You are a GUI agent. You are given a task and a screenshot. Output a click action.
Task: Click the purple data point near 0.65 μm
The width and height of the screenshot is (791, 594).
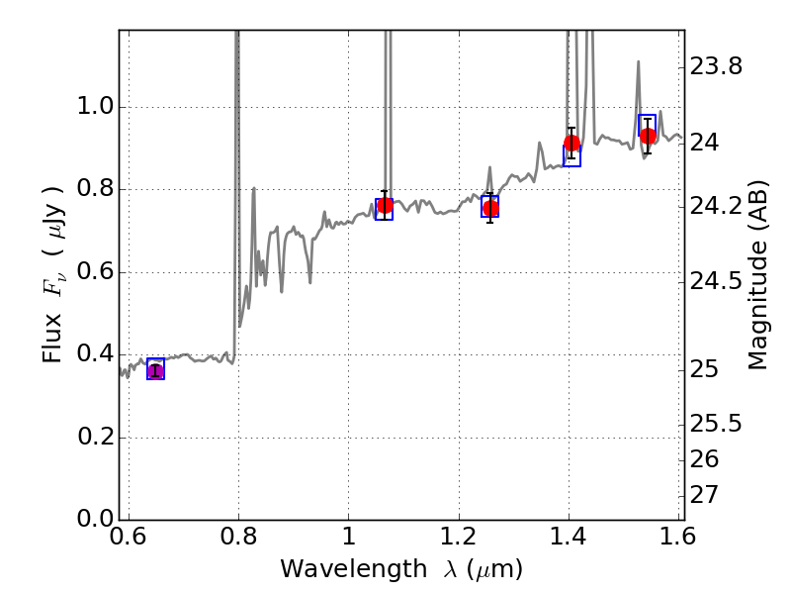pyautogui.click(x=155, y=371)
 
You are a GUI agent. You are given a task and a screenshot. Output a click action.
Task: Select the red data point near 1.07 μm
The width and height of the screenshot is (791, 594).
pyautogui.click(x=385, y=206)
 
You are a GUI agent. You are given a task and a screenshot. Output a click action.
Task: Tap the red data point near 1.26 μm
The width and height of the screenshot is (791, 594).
pyautogui.click(x=490, y=208)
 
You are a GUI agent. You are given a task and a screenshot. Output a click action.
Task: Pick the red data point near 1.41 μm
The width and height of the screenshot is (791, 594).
pyautogui.click(x=571, y=144)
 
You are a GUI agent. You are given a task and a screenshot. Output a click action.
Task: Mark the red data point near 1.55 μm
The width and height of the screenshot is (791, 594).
pyautogui.click(x=648, y=137)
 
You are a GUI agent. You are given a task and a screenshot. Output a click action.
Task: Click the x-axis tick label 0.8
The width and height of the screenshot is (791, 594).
pyautogui.click(x=237, y=539)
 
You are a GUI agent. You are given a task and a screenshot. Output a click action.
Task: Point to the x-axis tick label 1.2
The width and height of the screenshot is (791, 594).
pyautogui.click(x=459, y=539)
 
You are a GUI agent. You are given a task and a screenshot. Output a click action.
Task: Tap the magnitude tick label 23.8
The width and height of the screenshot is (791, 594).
pyautogui.click(x=716, y=67)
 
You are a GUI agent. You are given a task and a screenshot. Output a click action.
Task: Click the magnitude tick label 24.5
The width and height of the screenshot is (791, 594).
pyautogui.click(x=716, y=281)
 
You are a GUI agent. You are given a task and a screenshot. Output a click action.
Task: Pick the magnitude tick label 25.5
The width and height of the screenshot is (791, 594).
pyautogui.click(x=716, y=424)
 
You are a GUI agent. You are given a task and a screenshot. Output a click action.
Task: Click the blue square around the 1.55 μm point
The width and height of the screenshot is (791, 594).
pyautogui.click(x=647, y=125)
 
